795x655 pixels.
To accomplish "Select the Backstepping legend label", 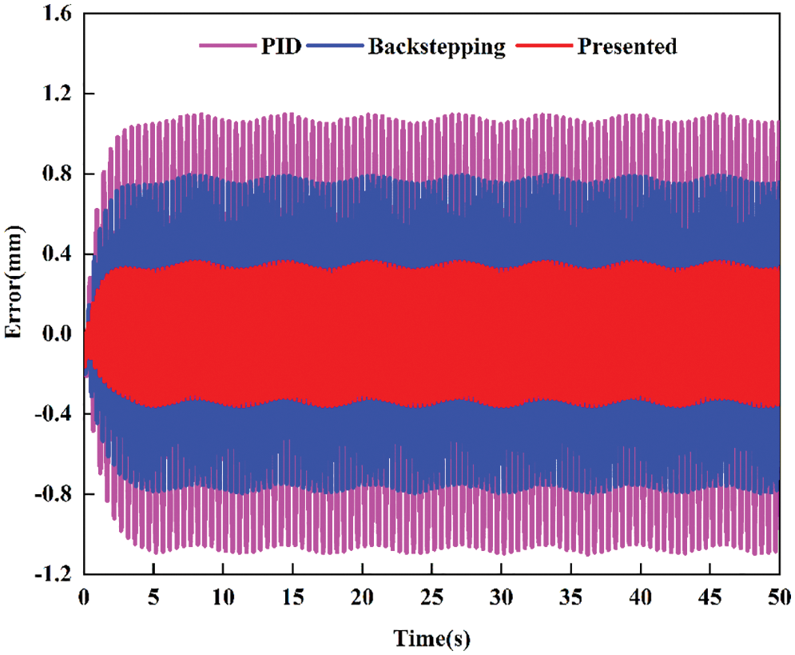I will (436, 46).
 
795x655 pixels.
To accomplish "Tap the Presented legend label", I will (627, 46).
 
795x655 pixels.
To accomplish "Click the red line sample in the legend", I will (543, 48).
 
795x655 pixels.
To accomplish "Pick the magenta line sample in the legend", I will (229, 48).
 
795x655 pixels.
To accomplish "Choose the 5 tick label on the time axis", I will (153, 596).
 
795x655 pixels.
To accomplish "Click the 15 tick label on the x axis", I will (292, 596).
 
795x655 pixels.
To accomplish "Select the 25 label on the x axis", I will (431, 596).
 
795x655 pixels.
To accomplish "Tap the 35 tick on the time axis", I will (570, 596).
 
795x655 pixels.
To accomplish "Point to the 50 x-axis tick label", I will (779, 596).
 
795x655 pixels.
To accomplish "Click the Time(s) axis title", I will (431, 637).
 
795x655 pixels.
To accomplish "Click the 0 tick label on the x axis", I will (84, 596).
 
